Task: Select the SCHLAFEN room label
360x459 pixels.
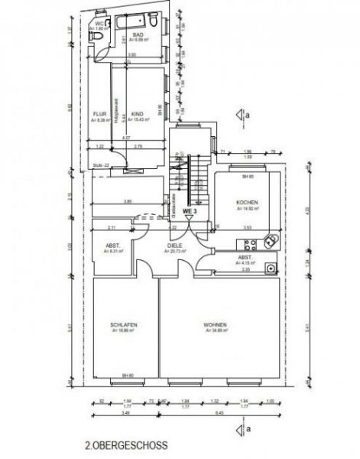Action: [124, 324]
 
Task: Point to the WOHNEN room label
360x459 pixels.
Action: [215, 324]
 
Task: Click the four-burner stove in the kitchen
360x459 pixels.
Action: [271, 241]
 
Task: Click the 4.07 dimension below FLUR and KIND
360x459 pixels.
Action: [126, 138]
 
